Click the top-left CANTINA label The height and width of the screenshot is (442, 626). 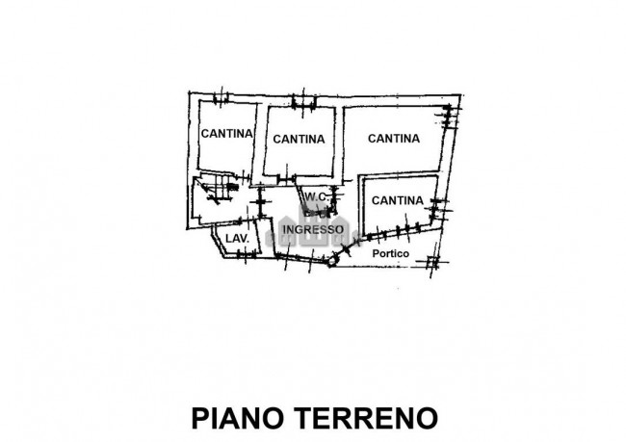coord(226,133)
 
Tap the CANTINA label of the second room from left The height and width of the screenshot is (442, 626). coord(298,139)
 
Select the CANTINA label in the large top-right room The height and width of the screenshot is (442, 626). coord(394,138)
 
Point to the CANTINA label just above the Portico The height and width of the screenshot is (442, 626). coord(397,200)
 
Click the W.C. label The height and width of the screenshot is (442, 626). coord(317,198)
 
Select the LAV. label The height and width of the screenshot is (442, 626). coord(237,238)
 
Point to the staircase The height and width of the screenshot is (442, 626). coord(214,191)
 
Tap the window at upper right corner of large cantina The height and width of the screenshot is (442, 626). coord(448,117)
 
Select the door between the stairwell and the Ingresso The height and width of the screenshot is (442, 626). coord(260,204)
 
